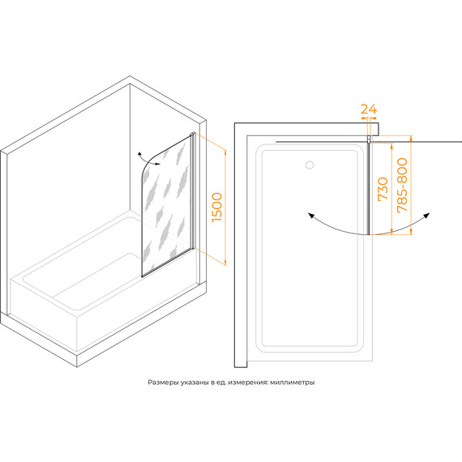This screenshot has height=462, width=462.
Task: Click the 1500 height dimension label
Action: click(217, 207)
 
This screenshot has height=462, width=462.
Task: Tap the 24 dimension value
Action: click(369, 109)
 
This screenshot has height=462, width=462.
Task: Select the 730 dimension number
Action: click(383, 189)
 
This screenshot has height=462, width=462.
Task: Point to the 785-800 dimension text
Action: click(402, 185)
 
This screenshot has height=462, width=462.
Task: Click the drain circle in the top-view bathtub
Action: click(310, 165)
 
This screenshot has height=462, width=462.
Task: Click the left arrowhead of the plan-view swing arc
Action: click(310, 216)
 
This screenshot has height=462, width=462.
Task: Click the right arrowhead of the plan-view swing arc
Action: click(426, 215)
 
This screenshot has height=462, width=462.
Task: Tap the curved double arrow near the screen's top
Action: click(148, 160)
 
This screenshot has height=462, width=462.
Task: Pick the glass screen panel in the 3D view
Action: click(166, 206)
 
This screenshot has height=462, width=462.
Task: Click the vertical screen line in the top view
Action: click(368, 189)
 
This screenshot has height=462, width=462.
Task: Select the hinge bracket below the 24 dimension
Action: click(369, 139)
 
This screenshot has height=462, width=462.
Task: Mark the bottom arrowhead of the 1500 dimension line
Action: click(225, 263)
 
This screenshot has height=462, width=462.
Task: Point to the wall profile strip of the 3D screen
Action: click(194, 191)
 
